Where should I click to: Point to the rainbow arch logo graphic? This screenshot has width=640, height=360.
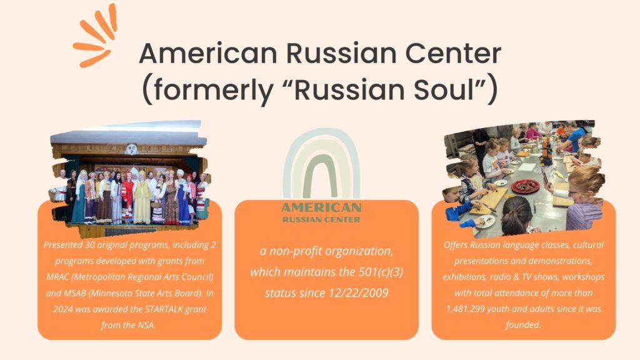tap(321, 163)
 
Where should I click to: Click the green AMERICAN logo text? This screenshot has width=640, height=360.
tap(321, 207)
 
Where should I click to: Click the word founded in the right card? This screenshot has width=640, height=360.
tap(523, 325)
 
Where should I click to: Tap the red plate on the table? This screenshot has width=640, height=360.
tap(525, 186)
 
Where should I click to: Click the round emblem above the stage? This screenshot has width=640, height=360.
tap(131, 149)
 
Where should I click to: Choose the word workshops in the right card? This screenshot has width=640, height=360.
tap(583, 277)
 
